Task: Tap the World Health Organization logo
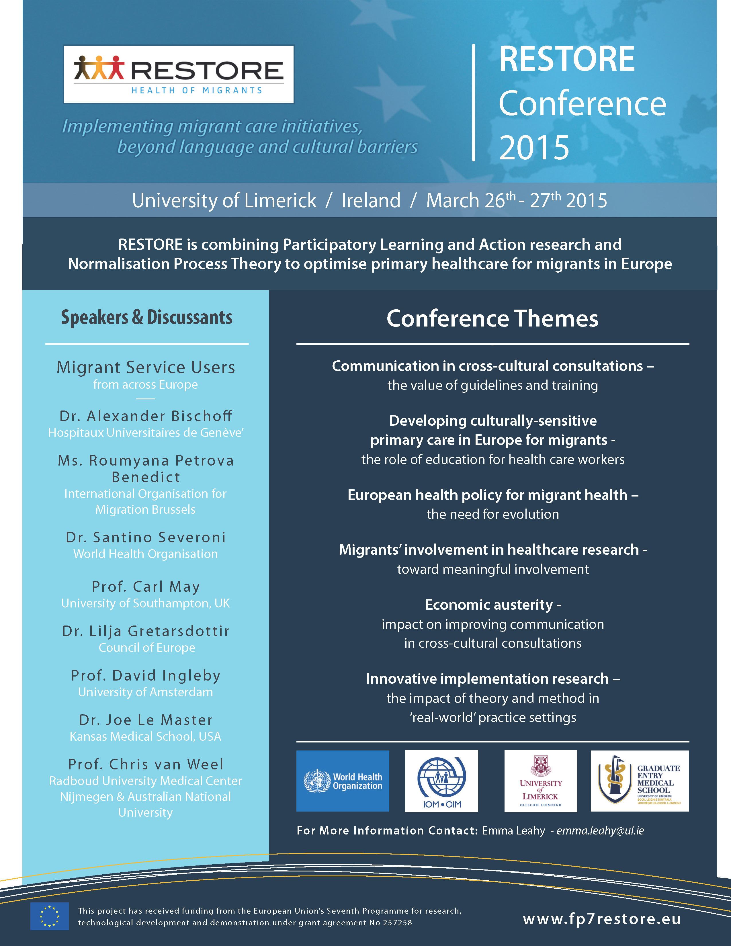[x=343, y=781]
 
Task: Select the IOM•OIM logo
[x=441, y=781]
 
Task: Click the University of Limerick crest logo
[x=540, y=781]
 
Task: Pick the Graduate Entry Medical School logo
[x=639, y=781]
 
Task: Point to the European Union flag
[x=49, y=916]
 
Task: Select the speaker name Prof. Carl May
[x=146, y=587]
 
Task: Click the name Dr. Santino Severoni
[x=146, y=537]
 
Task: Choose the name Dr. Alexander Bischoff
[x=146, y=416]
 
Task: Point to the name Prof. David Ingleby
[x=146, y=675]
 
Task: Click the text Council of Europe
[x=147, y=648]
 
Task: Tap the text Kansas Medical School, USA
[x=146, y=736]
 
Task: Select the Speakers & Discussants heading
[x=146, y=318]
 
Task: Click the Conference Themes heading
[x=492, y=318]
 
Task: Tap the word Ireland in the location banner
[x=371, y=201]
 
